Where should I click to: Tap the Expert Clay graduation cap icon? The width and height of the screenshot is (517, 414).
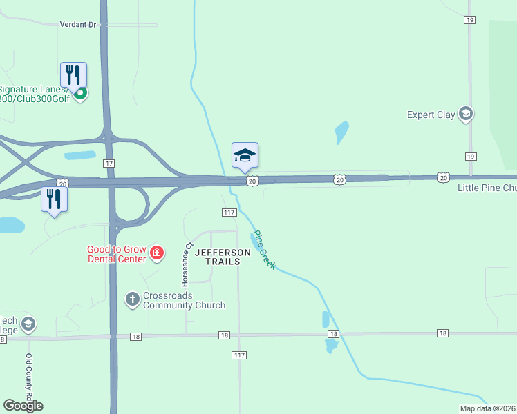466,114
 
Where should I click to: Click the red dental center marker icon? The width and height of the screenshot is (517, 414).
157,253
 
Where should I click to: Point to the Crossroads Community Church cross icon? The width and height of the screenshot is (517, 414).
132,299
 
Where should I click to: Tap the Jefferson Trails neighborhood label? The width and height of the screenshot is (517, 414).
223,257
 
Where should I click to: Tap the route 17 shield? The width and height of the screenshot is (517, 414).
109,163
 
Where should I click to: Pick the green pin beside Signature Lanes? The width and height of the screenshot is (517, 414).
80,93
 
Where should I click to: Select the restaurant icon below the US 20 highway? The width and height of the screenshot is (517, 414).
53,199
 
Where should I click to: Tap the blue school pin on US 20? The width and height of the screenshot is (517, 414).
245,156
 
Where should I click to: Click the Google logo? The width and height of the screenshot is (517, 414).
23,406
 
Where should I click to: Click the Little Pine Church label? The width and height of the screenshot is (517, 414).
487,188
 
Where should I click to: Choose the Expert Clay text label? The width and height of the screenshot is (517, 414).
431,115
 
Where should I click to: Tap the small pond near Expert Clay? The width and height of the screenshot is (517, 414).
341,130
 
